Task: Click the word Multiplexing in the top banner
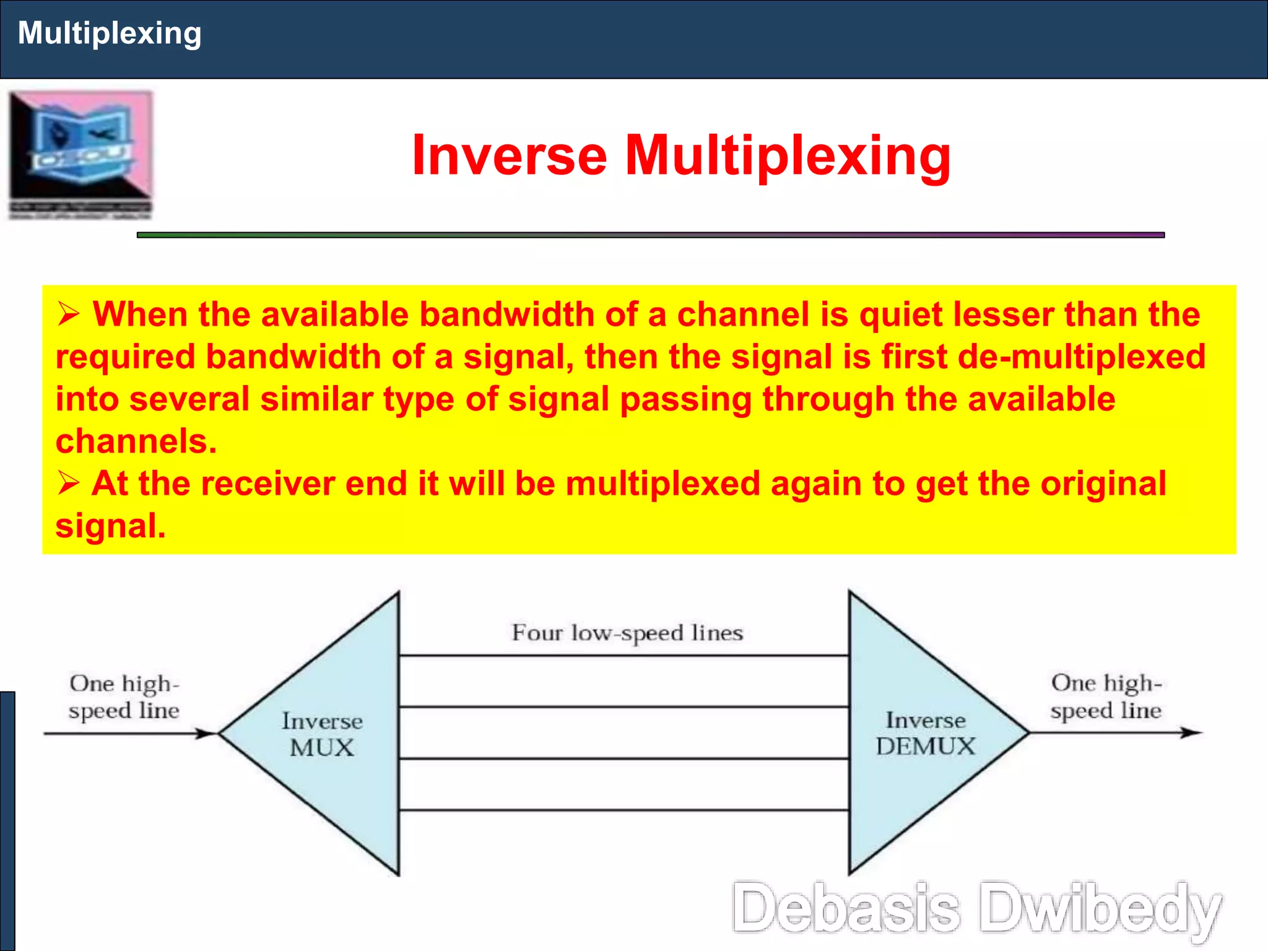point(110,33)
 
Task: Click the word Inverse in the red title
point(509,155)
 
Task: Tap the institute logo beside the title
point(80,155)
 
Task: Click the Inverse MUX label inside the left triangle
point(322,734)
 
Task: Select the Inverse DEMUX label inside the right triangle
point(926,733)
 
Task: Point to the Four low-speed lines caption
point(627,633)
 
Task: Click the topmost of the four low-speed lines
point(623,655)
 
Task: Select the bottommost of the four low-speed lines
point(623,810)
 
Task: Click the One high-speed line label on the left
point(124,697)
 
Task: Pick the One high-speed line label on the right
point(1106,697)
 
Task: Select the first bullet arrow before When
point(69,314)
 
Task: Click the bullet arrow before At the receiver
point(69,483)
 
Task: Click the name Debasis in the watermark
point(846,908)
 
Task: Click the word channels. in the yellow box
point(136,441)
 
